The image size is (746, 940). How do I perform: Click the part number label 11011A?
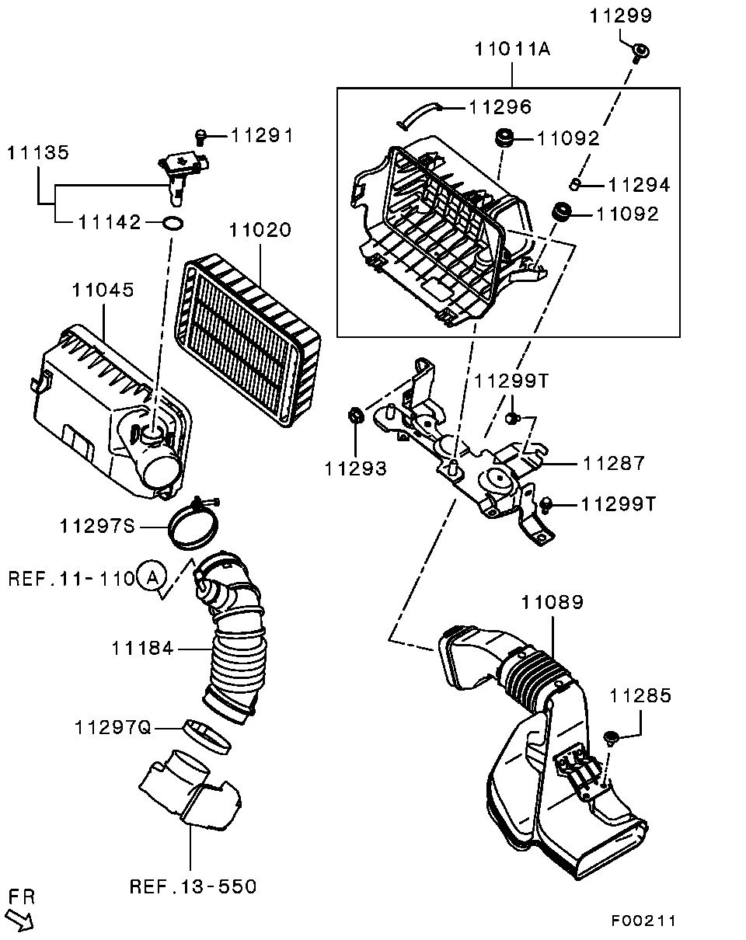tap(512, 50)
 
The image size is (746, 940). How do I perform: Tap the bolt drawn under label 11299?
tap(640, 53)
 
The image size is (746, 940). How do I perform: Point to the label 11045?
tap(103, 290)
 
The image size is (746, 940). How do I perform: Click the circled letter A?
tap(152, 576)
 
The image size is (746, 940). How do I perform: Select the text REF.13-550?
tap(193, 886)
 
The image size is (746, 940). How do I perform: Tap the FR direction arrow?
tap(21, 920)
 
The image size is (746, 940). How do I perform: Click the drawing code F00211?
tap(643, 921)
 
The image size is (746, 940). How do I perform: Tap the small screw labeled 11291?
tap(200, 138)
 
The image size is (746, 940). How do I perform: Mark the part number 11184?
tap(143, 648)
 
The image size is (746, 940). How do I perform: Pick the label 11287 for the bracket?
tap(614, 464)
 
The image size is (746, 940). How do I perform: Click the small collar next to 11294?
tap(576, 183)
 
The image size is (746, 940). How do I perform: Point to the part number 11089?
tap(553, 602)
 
